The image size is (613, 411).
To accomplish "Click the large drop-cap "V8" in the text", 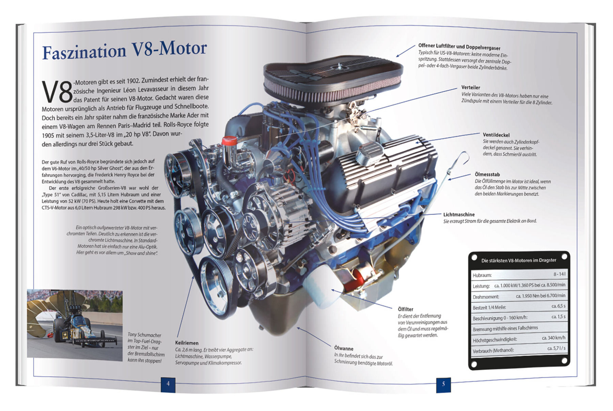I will [x=57, y=92].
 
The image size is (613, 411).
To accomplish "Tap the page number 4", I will [x=168, y=384].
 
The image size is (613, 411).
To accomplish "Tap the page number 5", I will [x=443, y=384].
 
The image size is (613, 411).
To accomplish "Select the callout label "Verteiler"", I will [x=471, y=88].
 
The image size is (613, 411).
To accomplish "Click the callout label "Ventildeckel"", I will [x=496, y=135].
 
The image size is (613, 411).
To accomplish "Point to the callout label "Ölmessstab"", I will [x=487, y=174].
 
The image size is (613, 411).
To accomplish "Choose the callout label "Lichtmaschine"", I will [x=459, y=215].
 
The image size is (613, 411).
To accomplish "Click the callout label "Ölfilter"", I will [x=405, y=309].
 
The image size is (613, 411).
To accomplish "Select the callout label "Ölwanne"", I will [x=344, y=348].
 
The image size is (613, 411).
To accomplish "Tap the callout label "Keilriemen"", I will [x=187, y=343].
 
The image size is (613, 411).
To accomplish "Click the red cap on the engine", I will [x=229, y=140].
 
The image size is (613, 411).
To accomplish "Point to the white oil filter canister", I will [x=320, y=286].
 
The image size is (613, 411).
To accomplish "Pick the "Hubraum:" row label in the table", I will [x=482, y=275].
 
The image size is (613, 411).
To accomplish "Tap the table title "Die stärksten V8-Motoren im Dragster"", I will [x=519, y=260].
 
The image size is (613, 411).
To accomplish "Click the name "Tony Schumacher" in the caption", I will [x=144, y=335].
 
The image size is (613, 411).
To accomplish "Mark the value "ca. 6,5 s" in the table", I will [x=558, y=306].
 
